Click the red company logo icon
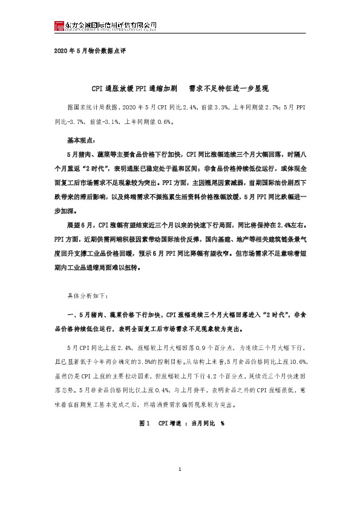59,25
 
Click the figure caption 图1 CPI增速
180,424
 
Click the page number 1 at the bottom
180,488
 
